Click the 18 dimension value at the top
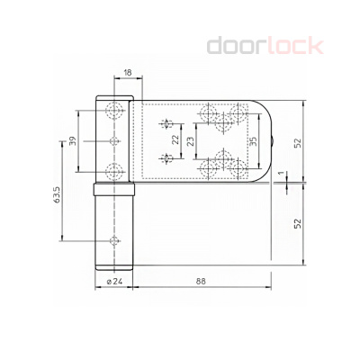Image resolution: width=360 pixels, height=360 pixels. pyautogui.click(x=128, y=73)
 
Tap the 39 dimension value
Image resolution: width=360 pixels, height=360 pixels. pyautogui.click(x=73, y=141)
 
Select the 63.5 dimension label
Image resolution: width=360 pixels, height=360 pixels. pyautogui.click(x=58, y=195)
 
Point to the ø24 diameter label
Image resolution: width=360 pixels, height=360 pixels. pyautogui.click(x=114, y=282)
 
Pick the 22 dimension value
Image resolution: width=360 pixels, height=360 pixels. pyautogui.click(x=175, y=139)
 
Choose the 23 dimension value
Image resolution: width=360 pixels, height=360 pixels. pyautogui.click(x=190, y=140)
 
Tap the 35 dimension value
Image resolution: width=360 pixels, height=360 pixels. pyautogui.click(x=253, y=141)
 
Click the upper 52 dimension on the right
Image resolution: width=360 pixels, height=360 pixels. pyautogui.click(x=297, y=143)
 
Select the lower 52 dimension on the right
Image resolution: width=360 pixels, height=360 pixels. pyautogui.click(x=297, y=223)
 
